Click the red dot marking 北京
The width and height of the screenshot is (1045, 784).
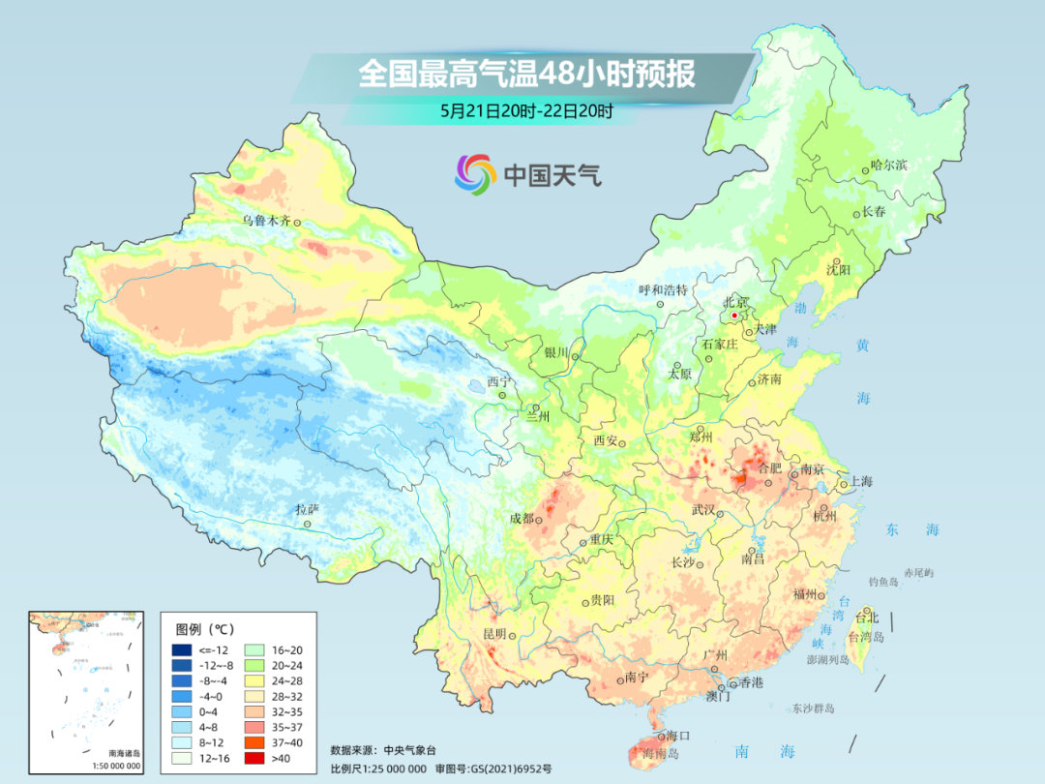pyautogui.click(x=735, y=316)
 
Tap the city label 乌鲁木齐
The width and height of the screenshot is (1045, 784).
pyautogui.click(x=266, y=221)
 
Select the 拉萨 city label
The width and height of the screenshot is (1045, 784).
pyautogui.click(x=307, y=509)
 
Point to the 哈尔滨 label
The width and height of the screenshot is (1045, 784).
pyautogui.click(x=888, y=166)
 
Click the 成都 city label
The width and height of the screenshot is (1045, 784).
pyautogui.click(x=522, y=518)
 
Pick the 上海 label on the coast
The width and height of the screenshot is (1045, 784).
pyautogui.click(x=860, y=482)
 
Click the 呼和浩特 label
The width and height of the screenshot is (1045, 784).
pyautogui.click(x=663, y=289)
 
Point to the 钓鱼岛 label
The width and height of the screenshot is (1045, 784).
pyautogui.click(x=884, y=581)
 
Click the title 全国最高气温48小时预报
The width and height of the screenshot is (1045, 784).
pyautogui.click(x=526, y=75)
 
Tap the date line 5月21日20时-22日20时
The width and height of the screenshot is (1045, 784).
pyautogui.click(x=526, y=111)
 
